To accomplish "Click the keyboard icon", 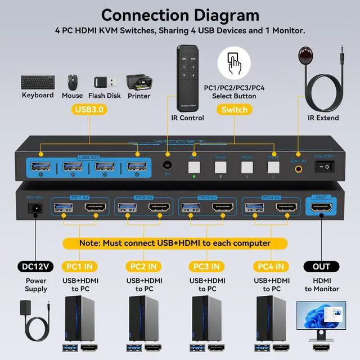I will coord(38,82).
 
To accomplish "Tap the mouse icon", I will coord(73,82).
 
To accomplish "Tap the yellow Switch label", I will coord(234,110).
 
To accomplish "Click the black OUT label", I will coord(322,265).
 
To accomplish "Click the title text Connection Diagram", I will coord(180,15).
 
